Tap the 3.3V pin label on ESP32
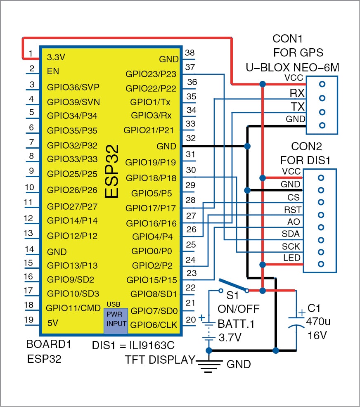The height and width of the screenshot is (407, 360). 56,57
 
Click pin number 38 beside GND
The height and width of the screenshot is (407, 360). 189,52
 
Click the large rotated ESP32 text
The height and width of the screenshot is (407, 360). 111,171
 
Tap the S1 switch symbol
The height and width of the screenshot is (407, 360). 234,285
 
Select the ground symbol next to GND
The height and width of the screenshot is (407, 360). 209,364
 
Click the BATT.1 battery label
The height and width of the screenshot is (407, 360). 236,324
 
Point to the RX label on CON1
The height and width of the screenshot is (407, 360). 297,93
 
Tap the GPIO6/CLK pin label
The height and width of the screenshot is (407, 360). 154,325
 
